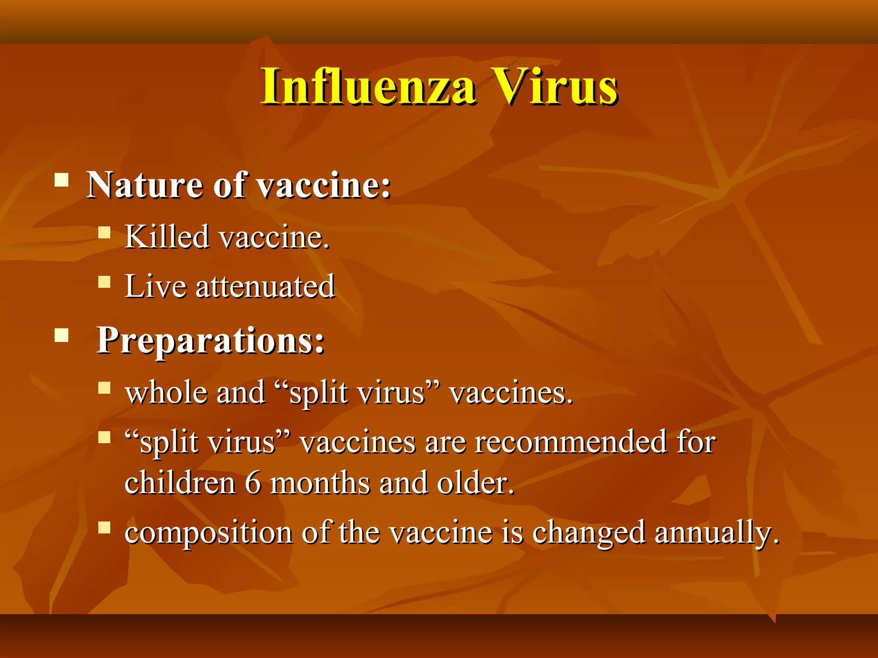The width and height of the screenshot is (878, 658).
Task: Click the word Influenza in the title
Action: point(369,87)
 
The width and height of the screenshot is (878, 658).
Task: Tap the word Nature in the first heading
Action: point(144,185)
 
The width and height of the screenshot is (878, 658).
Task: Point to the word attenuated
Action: point(265,286)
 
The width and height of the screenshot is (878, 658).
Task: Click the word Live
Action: point(156,286)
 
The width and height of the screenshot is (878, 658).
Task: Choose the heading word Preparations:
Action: point(210,341)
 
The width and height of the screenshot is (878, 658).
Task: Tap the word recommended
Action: point(571,442)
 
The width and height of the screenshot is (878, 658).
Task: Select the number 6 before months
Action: point(253,483)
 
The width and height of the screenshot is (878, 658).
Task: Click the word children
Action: point(180,483)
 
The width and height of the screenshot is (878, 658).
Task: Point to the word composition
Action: point(208,533)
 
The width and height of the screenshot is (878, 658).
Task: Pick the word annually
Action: point(716,533)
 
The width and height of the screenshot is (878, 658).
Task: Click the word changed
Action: point(588,533)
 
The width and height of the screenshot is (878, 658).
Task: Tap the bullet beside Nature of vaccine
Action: point(62,180)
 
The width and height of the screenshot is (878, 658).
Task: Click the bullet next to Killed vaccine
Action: point(104,233)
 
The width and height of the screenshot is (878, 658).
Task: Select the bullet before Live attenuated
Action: point(104,282)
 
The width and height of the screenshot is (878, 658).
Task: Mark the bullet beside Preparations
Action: point(62,335)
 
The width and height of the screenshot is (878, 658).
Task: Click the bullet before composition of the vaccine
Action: point(104,527)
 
